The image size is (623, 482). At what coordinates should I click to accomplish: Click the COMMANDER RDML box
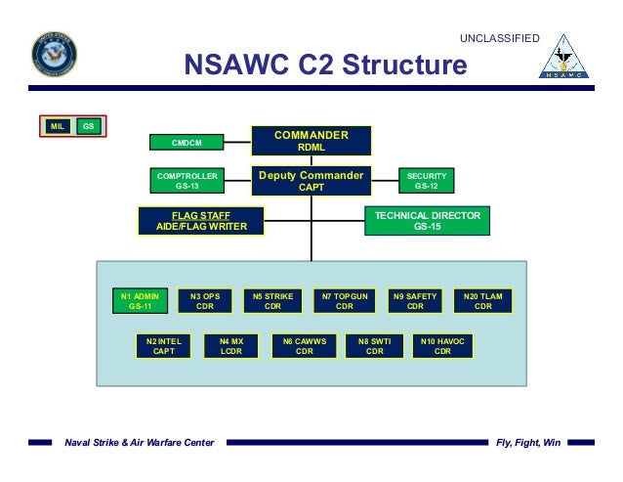[311, 141]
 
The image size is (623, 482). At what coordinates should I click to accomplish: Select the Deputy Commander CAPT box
[311, 181]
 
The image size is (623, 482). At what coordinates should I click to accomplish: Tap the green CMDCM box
[187, 143]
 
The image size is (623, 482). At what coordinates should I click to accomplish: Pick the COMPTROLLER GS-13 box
[187, 180]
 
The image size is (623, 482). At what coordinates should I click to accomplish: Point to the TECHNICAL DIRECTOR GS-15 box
[428, 221]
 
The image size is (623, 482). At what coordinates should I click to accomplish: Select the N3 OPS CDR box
[205, 301]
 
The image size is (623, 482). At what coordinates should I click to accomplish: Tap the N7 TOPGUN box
[344, 301]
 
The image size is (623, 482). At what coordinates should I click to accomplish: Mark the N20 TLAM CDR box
[482, 301]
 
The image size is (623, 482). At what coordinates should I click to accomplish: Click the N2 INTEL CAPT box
[165, 346]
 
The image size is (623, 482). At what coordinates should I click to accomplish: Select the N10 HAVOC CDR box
[442, 346]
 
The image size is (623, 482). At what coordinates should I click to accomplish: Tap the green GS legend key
[88, 126]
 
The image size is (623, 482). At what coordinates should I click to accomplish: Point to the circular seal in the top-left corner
[54, 54]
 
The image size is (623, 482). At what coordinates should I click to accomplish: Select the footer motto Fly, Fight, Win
[528, 443]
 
